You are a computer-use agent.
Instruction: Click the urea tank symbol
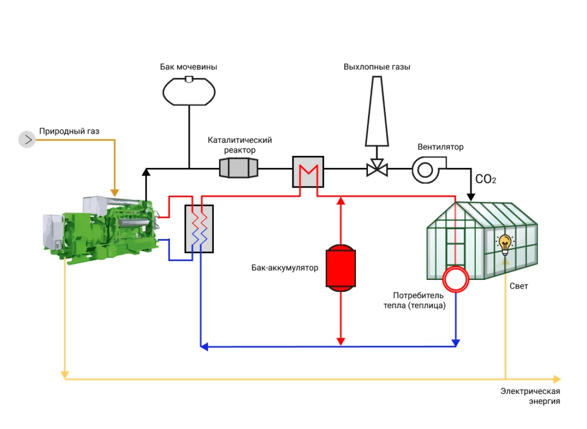coord(189,91)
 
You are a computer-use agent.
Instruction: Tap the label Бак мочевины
coord(188,67)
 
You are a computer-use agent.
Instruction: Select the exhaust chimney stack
coord(377,111)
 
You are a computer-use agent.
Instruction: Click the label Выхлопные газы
coord(377,67)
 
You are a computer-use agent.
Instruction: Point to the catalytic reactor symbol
coord(238,167)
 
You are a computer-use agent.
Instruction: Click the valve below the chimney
coord(377,167)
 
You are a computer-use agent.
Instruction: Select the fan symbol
coord(429,170)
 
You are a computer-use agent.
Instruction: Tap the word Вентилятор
coord(440,147)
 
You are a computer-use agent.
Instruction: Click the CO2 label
coord(486,179)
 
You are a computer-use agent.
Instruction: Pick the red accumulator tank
coord(341,267)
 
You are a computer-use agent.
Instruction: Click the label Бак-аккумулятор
coord(284,267)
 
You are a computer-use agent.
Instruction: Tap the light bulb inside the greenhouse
coord(504,244)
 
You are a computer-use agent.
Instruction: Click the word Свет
coord(518,286)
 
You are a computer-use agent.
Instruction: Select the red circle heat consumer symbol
coord(455,279)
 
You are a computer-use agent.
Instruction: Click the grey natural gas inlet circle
coord(27,139)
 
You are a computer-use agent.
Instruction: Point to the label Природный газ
coord(69,131)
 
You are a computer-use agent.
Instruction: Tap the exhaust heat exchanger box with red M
coord(308,171)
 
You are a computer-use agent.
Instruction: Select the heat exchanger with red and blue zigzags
coord(199,228)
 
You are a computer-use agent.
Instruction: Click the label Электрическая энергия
coord(530,396)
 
